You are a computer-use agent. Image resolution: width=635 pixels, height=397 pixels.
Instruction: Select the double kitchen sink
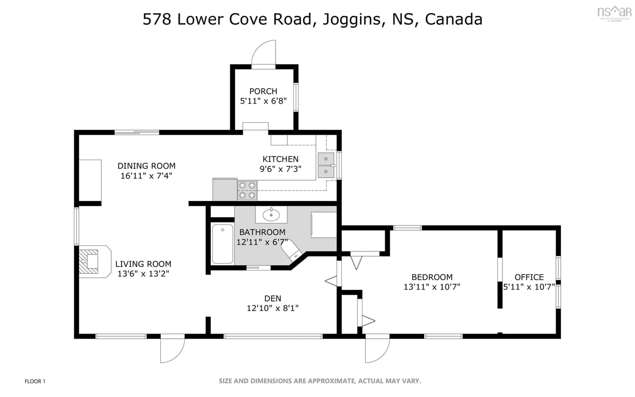[326, 165]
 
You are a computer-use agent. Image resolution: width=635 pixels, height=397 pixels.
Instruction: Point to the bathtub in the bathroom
[223, 244]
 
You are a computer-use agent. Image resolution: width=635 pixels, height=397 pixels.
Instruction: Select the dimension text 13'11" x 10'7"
[432, 287]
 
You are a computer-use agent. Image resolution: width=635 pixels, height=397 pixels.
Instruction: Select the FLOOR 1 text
[35, 381]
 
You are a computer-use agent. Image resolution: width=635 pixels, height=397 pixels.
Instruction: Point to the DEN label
[273, 298]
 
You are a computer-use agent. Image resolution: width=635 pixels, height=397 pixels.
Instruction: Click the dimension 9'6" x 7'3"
[280, 169]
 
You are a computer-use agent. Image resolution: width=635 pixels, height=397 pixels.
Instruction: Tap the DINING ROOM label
[146, 166]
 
